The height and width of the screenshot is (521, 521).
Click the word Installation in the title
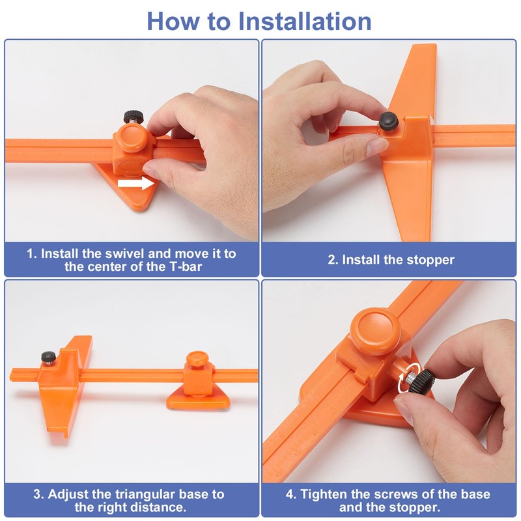click(305, 21)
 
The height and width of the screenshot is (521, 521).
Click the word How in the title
click(173, 21)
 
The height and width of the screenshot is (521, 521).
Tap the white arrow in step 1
click(136, 183)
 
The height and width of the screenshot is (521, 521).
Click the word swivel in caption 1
click(125, 253)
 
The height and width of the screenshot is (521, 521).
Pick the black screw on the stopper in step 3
click(48, 358)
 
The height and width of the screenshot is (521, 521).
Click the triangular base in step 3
click(199, 399)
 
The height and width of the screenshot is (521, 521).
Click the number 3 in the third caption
click(37, 494)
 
